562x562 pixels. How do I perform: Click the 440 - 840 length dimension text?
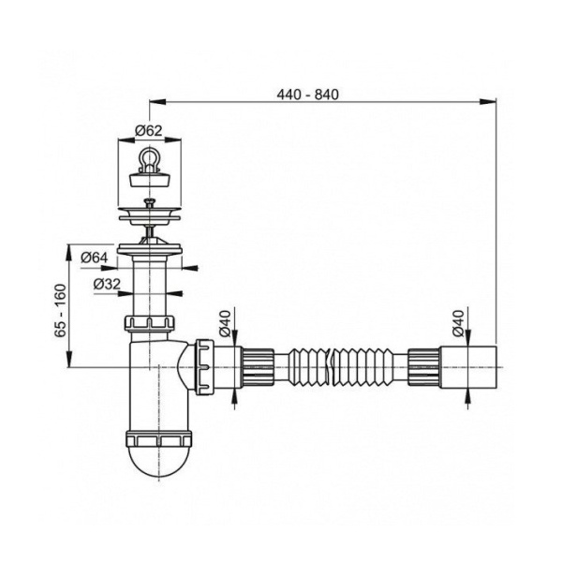click(x=307, y=95)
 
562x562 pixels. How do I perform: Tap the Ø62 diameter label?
click(x=149, y=131)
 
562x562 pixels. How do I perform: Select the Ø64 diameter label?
click(x=95, y=258)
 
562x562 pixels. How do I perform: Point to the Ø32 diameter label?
click(x=107, y=284)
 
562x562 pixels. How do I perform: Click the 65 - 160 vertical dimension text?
click(x=61, y=310)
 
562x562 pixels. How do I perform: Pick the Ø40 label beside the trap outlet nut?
click(x=225, y=323)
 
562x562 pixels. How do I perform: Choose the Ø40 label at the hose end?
click(x=458, y=323)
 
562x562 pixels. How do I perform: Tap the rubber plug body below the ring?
click(x=149, y=178)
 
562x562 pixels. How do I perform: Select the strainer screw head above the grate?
click(x=148, y=204)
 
